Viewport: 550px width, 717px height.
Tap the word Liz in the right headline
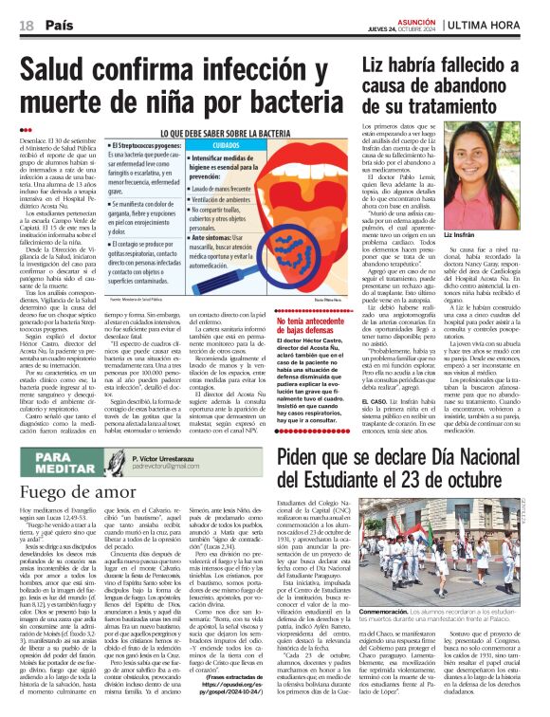[x=379, y=65]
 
